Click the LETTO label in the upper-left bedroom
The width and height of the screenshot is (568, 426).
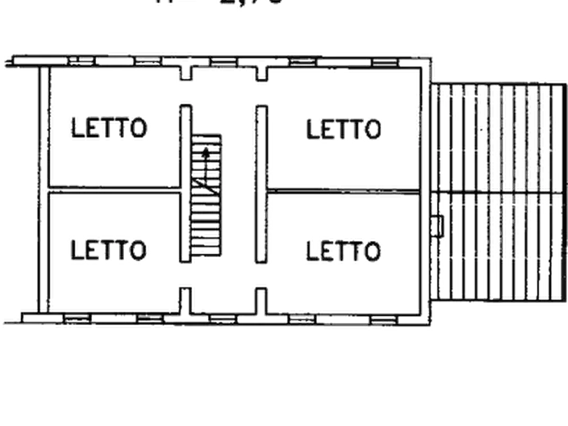pos(109,128)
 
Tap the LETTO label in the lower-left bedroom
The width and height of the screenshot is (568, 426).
pos(107,249)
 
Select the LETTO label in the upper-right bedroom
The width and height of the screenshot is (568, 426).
pos(343,130)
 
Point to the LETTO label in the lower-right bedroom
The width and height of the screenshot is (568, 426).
pos(343,250)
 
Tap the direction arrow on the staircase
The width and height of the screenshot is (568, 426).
pos(207,153)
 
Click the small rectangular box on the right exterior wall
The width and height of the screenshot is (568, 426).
pos(438,226)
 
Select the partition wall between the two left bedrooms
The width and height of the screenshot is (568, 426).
pos(111,189)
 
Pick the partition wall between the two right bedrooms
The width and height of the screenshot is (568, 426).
pos(343,189)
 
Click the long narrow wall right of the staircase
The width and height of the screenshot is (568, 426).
pos(260,184)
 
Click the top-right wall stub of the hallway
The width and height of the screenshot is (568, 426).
pos(261,70)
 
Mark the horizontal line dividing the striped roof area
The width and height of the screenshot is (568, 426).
pos(490,190)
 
